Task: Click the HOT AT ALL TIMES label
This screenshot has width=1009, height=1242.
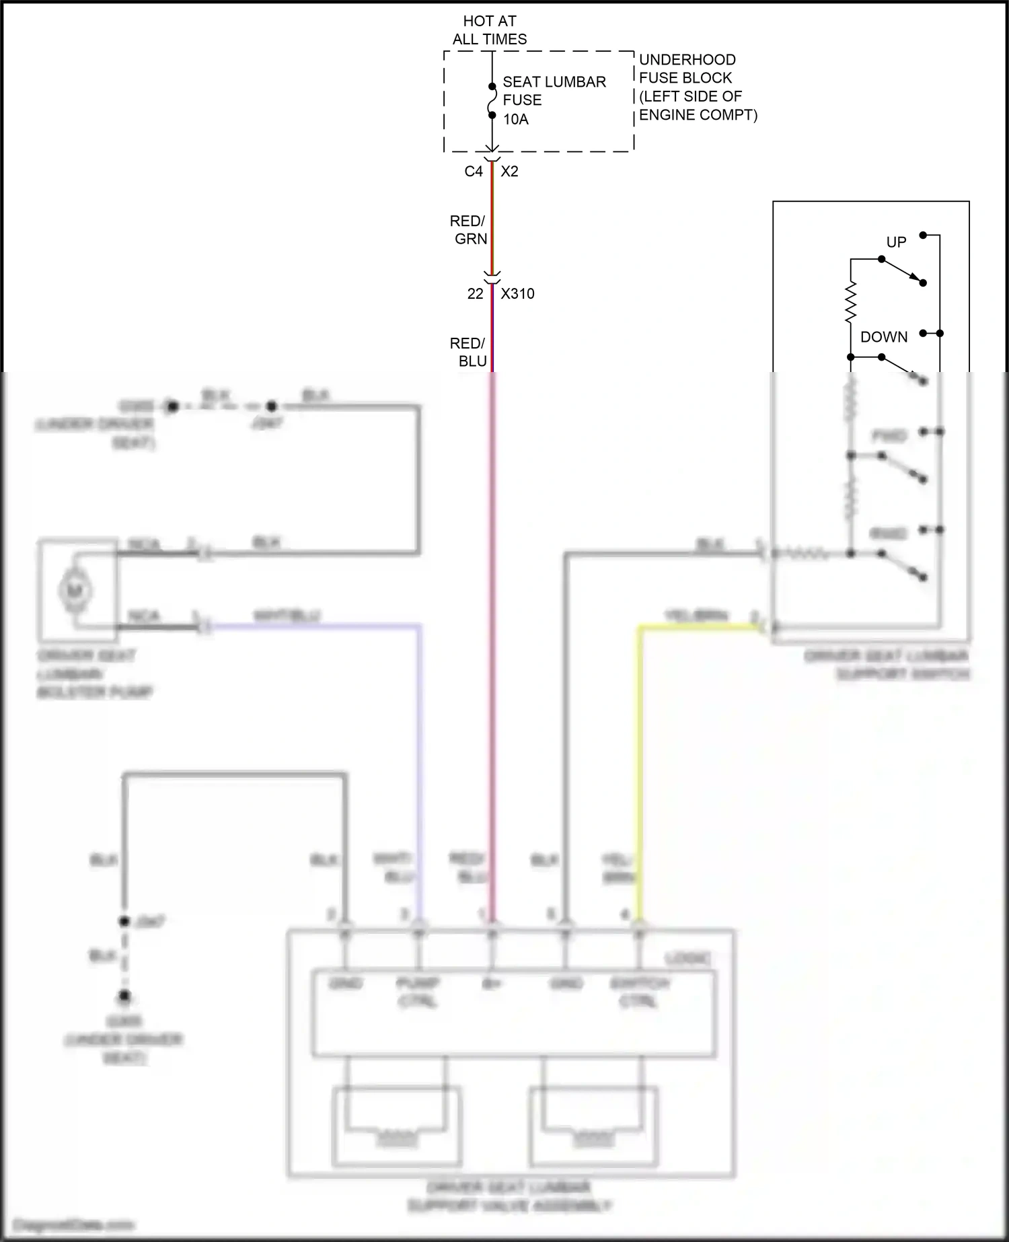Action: [x=489, y=30]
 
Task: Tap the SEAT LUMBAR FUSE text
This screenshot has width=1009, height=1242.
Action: [x=554, y=91]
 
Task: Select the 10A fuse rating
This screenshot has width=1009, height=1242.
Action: [x=516, y=120]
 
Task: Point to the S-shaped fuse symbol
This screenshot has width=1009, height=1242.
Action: [x=492, y=101]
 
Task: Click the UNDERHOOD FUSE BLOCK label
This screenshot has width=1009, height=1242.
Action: [x=687, y=69]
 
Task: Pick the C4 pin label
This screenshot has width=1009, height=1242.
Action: [x=474, y=172]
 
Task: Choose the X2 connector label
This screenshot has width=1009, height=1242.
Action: [x=509, y=172]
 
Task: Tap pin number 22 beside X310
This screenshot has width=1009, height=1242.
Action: [x=475, y=294]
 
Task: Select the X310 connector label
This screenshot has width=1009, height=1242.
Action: [x=517, y=294]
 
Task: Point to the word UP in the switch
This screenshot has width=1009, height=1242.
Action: [x=896, y=242]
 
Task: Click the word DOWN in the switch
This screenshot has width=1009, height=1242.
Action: [x=884, y=337]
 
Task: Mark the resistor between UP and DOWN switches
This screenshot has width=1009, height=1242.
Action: [x=851, y=302]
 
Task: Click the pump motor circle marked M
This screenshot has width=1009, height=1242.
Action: [x=75, y=591]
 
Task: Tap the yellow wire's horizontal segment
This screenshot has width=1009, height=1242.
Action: [x=700, y=628]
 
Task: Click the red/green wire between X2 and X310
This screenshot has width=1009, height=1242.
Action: [x=492, y=222]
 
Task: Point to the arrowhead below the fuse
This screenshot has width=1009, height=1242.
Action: [x=492, y=149]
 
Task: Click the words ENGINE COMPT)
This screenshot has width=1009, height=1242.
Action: [x=698, y=115]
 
